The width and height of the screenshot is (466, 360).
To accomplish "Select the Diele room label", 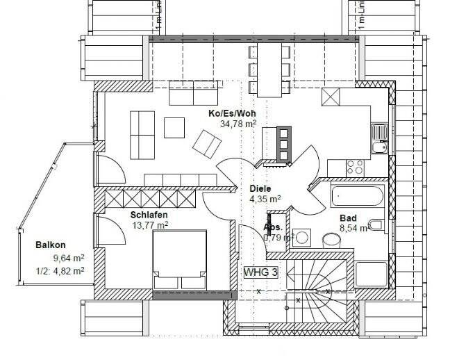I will point(261,188).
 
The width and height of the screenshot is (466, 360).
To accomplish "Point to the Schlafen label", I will point(149,215).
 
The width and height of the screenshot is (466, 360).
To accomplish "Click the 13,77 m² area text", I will point(149,224).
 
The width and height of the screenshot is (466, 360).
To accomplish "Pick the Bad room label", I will point(348,218).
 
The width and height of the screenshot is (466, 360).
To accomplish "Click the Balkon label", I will point(51,245).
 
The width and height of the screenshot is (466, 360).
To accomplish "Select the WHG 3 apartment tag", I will point(260,272).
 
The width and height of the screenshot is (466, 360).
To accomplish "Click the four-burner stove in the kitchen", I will point(355,167).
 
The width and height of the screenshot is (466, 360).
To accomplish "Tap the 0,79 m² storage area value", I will point(278,238).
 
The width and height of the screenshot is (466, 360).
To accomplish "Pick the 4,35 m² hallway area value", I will point(265,198).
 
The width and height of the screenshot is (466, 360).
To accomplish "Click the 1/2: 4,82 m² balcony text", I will point(53,270).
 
